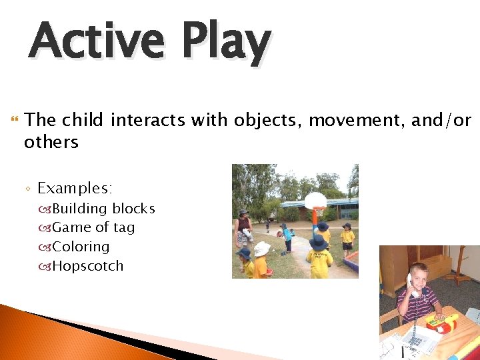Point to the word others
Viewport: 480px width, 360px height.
point(51,142)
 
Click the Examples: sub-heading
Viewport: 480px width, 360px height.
point(75,189)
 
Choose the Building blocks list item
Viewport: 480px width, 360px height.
point(103,209)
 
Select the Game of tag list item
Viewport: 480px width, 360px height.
point(93,227)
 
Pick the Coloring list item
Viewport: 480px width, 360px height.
point(81,247)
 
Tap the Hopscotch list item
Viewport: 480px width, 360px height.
point(88,266)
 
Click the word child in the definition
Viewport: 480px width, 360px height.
point(82,121)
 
